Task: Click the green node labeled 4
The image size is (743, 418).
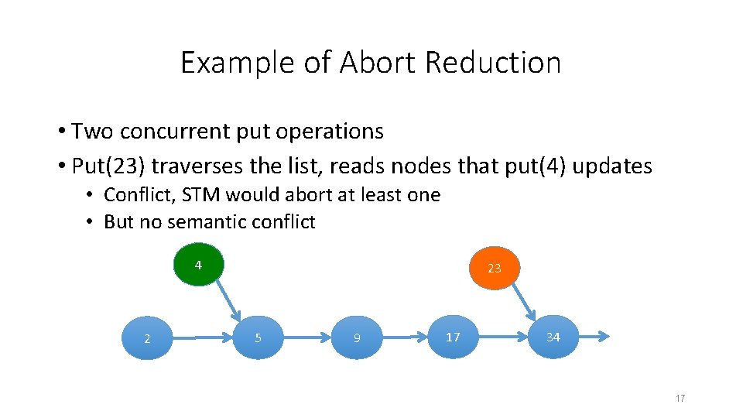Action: [x=198, y=266]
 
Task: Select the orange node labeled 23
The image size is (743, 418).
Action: [x=494, y=268]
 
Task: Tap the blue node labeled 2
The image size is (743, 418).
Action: [x=147, y=338]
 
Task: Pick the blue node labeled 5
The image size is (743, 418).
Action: [x=258, y=337]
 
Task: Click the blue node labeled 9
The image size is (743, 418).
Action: [x=357, y=337]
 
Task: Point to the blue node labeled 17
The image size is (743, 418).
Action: [x=453, y=337]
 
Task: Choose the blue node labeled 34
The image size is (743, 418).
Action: [x=553, y=337]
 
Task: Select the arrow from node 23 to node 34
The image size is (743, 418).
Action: [x=523, y=301]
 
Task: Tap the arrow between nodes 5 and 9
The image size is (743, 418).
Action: [x=307, y=337]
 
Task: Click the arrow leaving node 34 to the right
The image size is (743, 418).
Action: [x=594, y=337]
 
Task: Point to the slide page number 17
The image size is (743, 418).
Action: [x=680, y=398]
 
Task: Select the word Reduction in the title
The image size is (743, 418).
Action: [x=493, y=63]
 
